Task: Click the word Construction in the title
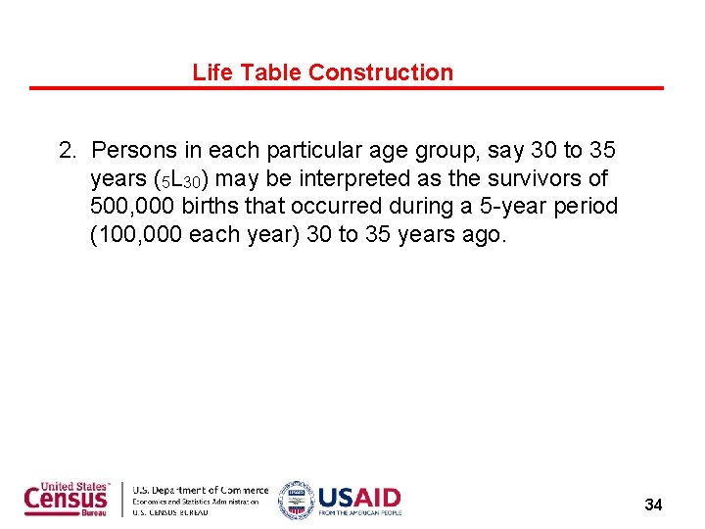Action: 381,72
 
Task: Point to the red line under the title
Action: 346,88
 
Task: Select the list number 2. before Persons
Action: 68,151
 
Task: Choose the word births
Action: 217,208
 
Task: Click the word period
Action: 588,208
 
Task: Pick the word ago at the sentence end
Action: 482,236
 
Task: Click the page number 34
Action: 653,505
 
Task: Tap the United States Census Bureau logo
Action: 68,500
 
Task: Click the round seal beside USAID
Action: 296,500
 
